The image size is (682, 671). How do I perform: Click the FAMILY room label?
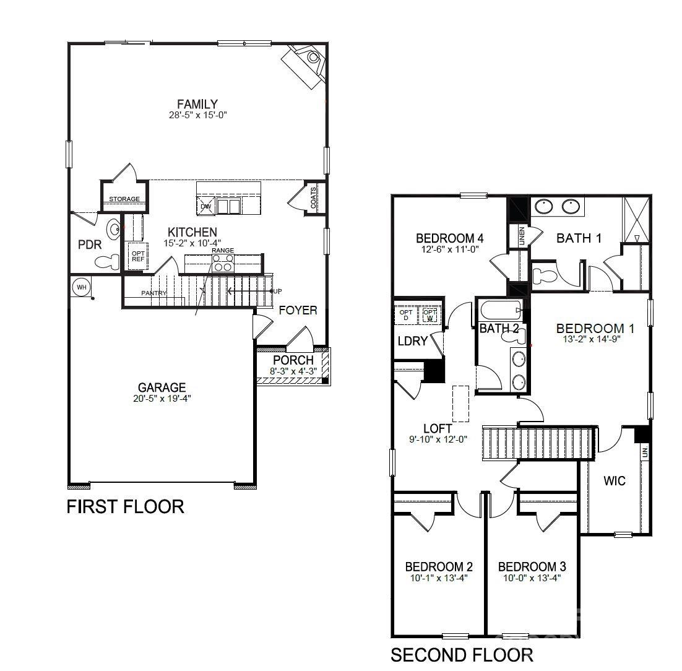[197, 104]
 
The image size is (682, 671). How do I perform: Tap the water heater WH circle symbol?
[81, 287]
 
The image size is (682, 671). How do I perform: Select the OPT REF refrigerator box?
[137, 255]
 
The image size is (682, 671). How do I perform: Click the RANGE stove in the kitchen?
[223, 263]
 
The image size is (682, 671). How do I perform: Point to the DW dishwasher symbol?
[206, 206]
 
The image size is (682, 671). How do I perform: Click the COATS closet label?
[314, 197]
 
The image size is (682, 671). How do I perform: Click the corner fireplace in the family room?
[304, 63]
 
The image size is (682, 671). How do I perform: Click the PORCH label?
[293, 360]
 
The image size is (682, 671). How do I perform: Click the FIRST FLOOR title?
[125, 507]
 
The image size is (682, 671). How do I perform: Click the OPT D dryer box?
[406, 314]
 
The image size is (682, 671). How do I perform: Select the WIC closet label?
[615, 481]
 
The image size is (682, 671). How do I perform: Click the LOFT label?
[437, 428]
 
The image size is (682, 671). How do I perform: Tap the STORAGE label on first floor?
[124, 199]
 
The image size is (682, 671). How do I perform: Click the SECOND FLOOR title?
[462, 655]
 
